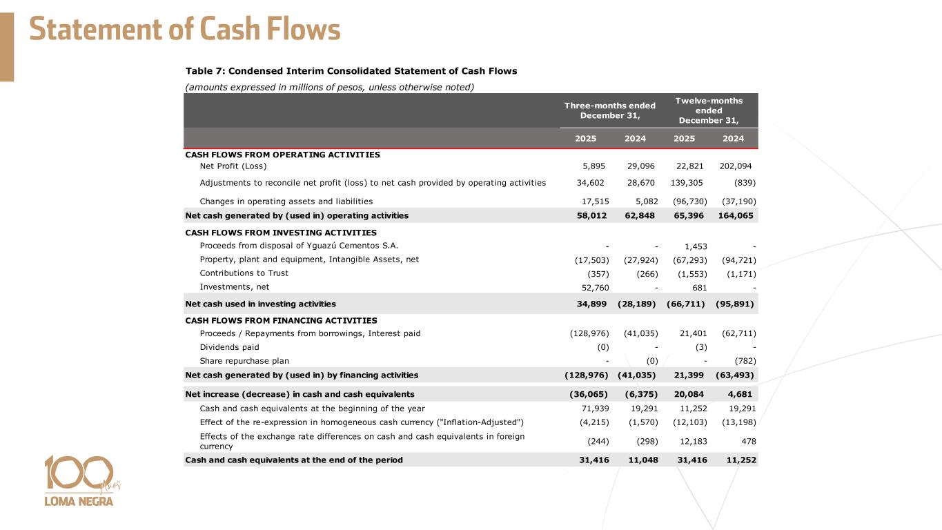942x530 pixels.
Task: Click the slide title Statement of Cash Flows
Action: [x=185, y=30]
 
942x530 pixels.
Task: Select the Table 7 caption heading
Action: [x=351, y=71]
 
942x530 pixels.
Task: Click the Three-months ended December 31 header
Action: [x=609, y=110]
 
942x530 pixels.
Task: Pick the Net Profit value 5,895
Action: [x=596, y=166]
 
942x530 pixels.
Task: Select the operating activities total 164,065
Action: [x=736, y=216]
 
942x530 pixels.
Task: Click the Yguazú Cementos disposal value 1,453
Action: [x=696, y=246]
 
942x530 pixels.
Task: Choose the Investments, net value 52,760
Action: [x=593, y=288]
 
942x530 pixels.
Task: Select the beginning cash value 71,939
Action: [x=593, y=409]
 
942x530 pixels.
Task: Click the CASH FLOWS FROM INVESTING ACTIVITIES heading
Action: [x=281, y=233]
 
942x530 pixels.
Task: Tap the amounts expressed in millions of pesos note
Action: [x=330, y=87]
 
